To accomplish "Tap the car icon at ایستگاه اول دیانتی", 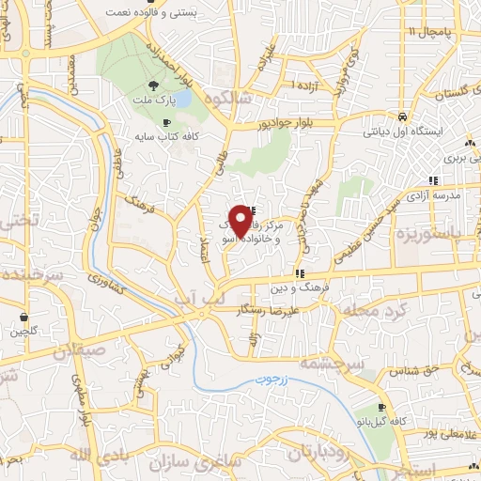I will (x=402, y=116).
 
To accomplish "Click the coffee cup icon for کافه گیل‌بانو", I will (x=381, y=408).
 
